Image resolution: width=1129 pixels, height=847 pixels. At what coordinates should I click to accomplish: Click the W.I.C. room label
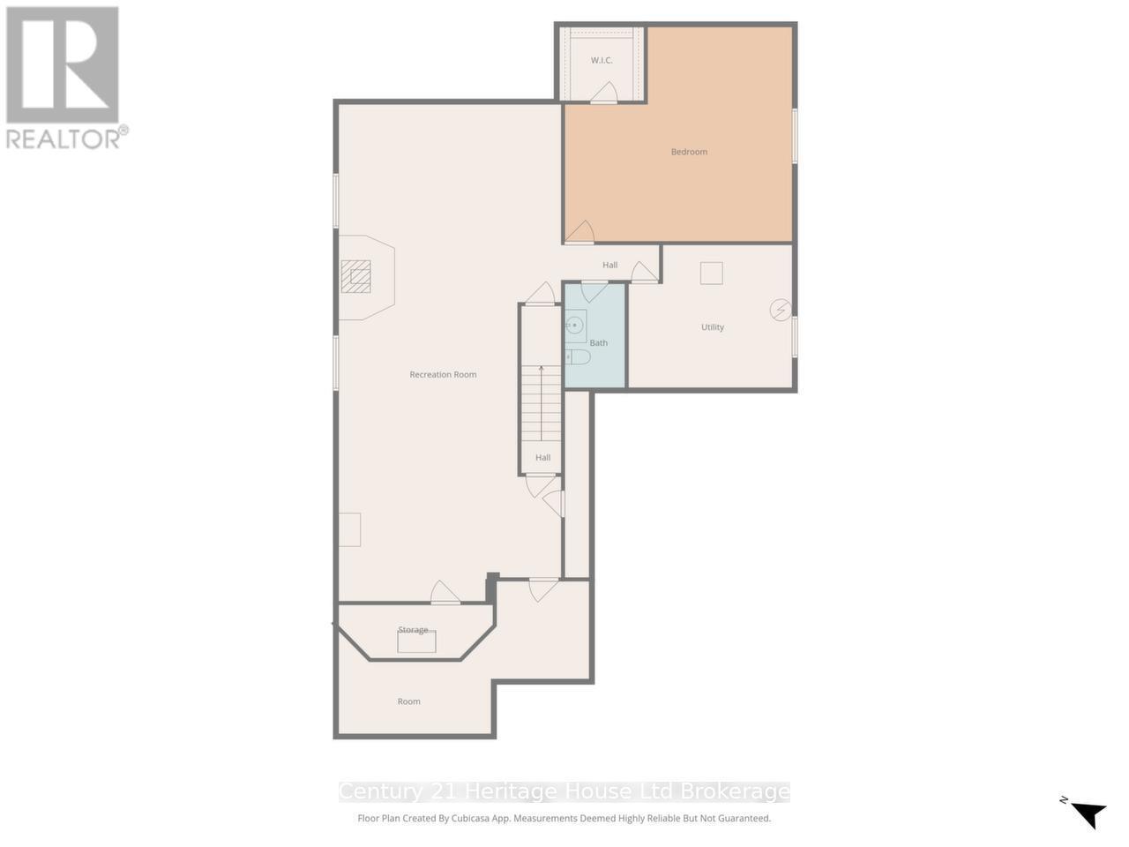pyautogui.click(x=602, y=60)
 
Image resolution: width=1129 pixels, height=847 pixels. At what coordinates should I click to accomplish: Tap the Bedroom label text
pyautogui.click(x=689, y=152)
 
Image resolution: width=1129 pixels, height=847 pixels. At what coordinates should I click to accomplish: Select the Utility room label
pyautogui.click(x=713, y=327)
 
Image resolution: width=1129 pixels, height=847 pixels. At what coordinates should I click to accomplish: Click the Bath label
pyautogui.click(x=599, y=343)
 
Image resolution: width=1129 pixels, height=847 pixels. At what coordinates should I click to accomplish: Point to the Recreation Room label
pyautogui.click(x=443, y=375)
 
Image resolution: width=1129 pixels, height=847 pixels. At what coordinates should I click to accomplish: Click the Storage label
pyautogui.click(x=413, y=630)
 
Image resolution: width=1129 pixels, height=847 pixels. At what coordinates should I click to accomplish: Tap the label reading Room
pyautogui.click(x=408, y=701)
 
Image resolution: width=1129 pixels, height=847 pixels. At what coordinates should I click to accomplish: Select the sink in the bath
pyautogui.click(x=575, y=326)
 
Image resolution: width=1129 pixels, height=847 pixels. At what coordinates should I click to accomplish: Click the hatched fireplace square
pyautogui.click(x=356, y=277)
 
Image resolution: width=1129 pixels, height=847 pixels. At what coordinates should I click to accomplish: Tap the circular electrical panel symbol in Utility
pyautogui.click(x=781, y=310)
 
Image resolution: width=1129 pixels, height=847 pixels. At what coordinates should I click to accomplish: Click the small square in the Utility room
pyautogui.click(x=711, y=274)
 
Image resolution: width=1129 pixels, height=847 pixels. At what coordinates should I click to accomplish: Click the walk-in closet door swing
pyautogui.click(x=604, y=93)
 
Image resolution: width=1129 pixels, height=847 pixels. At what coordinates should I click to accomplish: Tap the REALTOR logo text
pyautogui.click(x=66, y=139)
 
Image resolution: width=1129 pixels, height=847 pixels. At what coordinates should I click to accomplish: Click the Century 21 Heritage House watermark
pyautogui.click(x=564, y=791)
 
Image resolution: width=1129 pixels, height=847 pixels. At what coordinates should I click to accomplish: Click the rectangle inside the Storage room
pyautogui.click(x=416, y=642)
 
